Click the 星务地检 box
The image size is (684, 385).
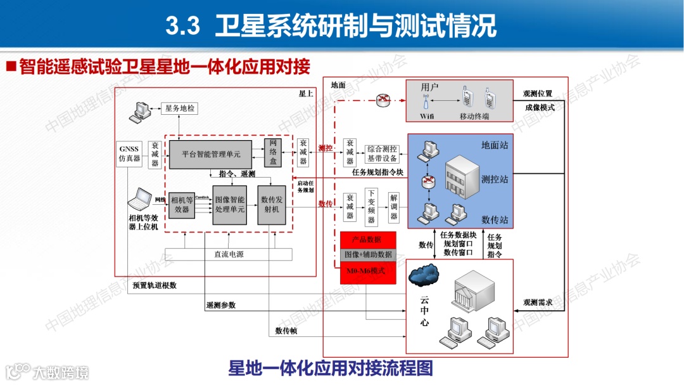(x=180, y=109)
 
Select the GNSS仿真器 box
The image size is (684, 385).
(x=129, y=154)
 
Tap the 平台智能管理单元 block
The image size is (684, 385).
(x=211, y=154)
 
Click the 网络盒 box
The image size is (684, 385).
(x=272, y=153)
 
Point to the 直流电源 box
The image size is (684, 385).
(x=229, y=254)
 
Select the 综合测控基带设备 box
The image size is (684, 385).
(x=382, y=154)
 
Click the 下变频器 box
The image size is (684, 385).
(x=372, y=207)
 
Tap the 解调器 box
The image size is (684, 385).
(x=394, y=207)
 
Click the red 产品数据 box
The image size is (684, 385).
(x=367, y=240)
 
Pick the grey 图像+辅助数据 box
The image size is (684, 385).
(x=367, y=254)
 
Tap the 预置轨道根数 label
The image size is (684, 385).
(x=155, y=285)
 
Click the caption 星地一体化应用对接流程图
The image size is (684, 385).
(x=330, y=368)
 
